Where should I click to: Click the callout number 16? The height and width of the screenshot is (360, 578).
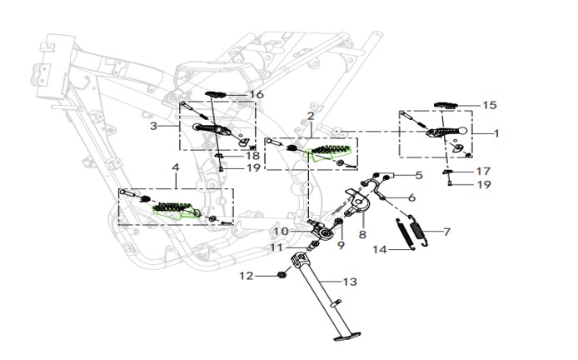(x=257, y=95)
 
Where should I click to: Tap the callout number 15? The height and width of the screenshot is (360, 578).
(x=490, y=106)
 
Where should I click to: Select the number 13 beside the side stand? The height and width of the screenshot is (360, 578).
(x=350, y=282)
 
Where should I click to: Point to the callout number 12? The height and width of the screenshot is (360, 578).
(x=247, y=276)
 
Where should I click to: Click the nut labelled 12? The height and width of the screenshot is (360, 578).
(x=282, y=275)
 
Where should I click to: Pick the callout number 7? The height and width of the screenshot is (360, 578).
(x=446, y=232)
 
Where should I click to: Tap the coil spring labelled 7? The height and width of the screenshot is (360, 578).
(x=419, y=231)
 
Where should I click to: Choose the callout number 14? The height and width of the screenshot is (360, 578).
(x=380, y=250)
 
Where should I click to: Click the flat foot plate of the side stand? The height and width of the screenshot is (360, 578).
(x=346, y=337)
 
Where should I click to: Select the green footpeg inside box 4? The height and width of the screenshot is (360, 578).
(x=176, y=211)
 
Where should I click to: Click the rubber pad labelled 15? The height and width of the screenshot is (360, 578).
(x=446, y=106)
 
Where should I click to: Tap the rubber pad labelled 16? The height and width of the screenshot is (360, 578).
(x=215, y=94)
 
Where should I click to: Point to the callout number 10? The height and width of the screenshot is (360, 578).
(x=281, y=232)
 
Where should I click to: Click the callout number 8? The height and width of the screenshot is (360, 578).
(x=363, y=234)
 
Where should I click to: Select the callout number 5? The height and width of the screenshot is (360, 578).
(x=419, y=175)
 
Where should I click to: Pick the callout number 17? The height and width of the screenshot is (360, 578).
(x=483, y=172)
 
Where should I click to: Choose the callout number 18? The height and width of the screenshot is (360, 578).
(x=253, y=156)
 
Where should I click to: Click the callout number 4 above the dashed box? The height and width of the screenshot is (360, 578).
(x=176, y=167)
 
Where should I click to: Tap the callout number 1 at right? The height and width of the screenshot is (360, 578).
(x=496, y=133)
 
